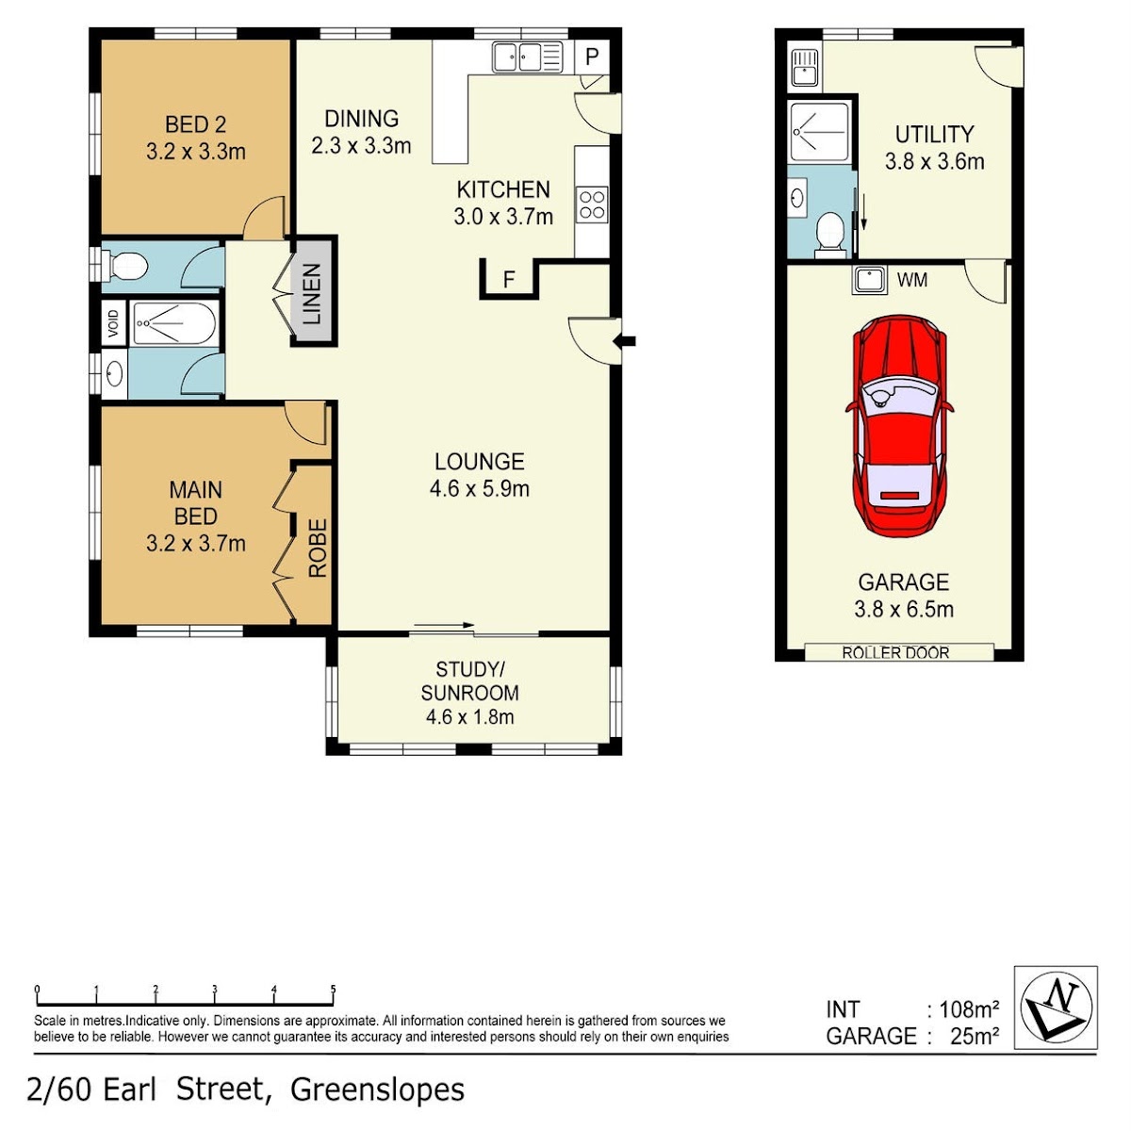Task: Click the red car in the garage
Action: [x=898, y=427]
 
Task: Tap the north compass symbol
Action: [x=1057, y=1008]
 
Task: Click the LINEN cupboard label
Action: [x=312, y=293]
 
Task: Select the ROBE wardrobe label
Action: [x=317, y=548]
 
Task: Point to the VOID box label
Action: [x=114, y=322]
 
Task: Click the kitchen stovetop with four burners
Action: [x=592, y=205]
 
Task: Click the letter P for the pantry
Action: [x=592, y=57]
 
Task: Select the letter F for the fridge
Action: [x=509, y=279]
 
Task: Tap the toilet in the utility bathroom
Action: [x=830, y=236]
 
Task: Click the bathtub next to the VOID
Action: [x=173, y=323]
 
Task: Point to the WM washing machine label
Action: [x=912, y=280]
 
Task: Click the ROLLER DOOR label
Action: [x=895, y=652]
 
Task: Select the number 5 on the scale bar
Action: [x=334, y=990]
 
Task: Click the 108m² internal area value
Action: [x=969, y=1009]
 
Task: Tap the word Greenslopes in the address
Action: [x=377, y=1090]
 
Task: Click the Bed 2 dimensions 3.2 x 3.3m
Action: [x=195, y=152]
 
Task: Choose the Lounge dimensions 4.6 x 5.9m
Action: [x=480, y=488]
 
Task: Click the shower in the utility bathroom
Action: [x=819, y=131]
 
